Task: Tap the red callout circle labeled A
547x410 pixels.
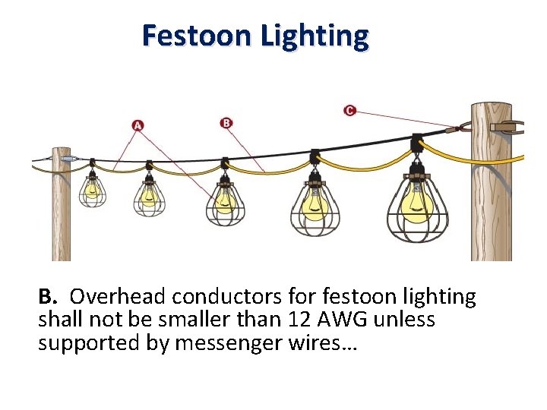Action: coord(138,125)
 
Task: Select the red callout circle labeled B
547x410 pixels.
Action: coord(226,122)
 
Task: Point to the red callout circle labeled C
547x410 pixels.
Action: coord(349,111)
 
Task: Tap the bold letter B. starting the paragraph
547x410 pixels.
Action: coord(48,296)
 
